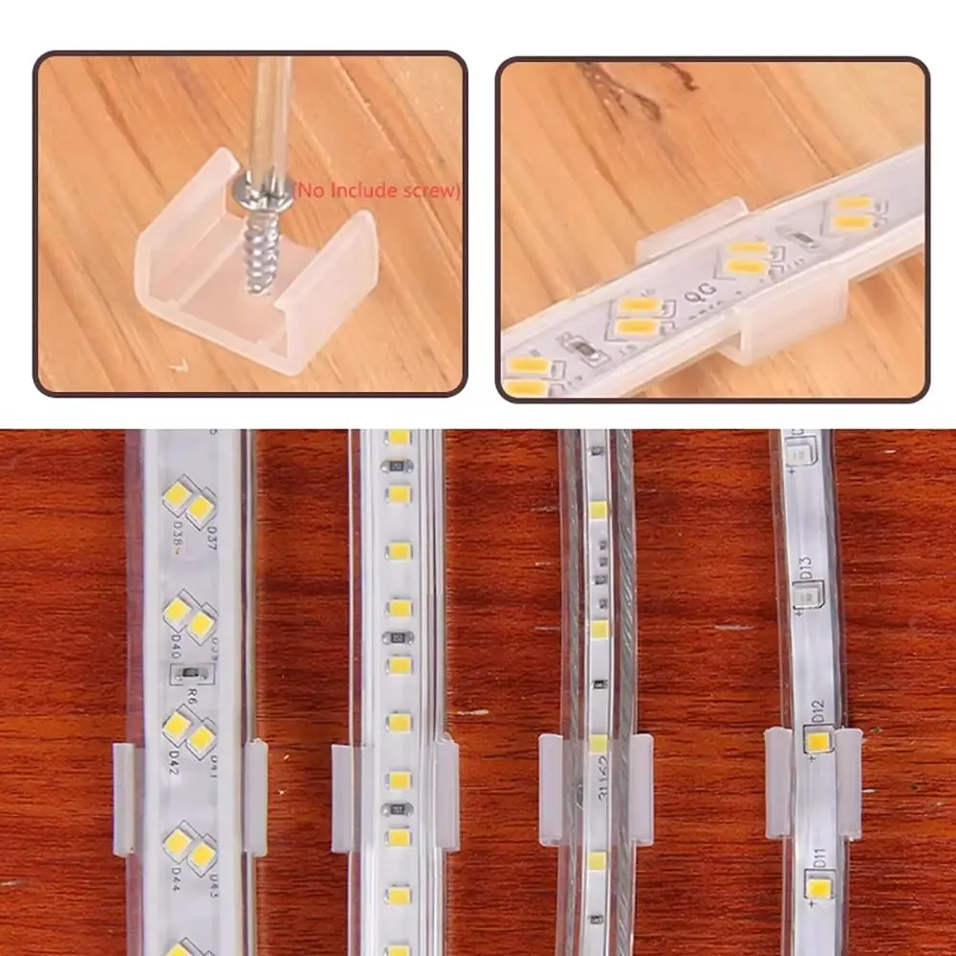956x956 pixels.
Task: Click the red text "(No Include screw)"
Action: (x=376, y=191)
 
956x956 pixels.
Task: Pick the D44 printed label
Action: (x=175, y=876)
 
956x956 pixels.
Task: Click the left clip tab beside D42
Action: (x=124, y=799)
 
